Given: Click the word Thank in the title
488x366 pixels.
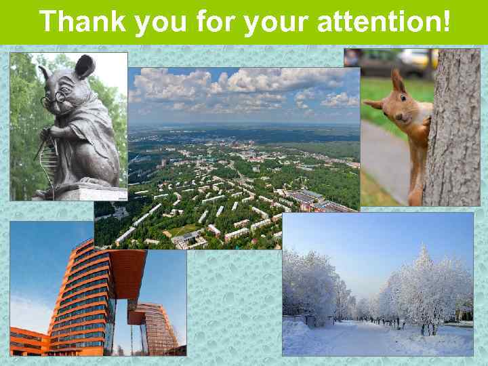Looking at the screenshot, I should tap(83, 22).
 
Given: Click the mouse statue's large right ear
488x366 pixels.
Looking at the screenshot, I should tap(85, 66).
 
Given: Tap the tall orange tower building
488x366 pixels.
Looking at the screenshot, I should tap(81, 298).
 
